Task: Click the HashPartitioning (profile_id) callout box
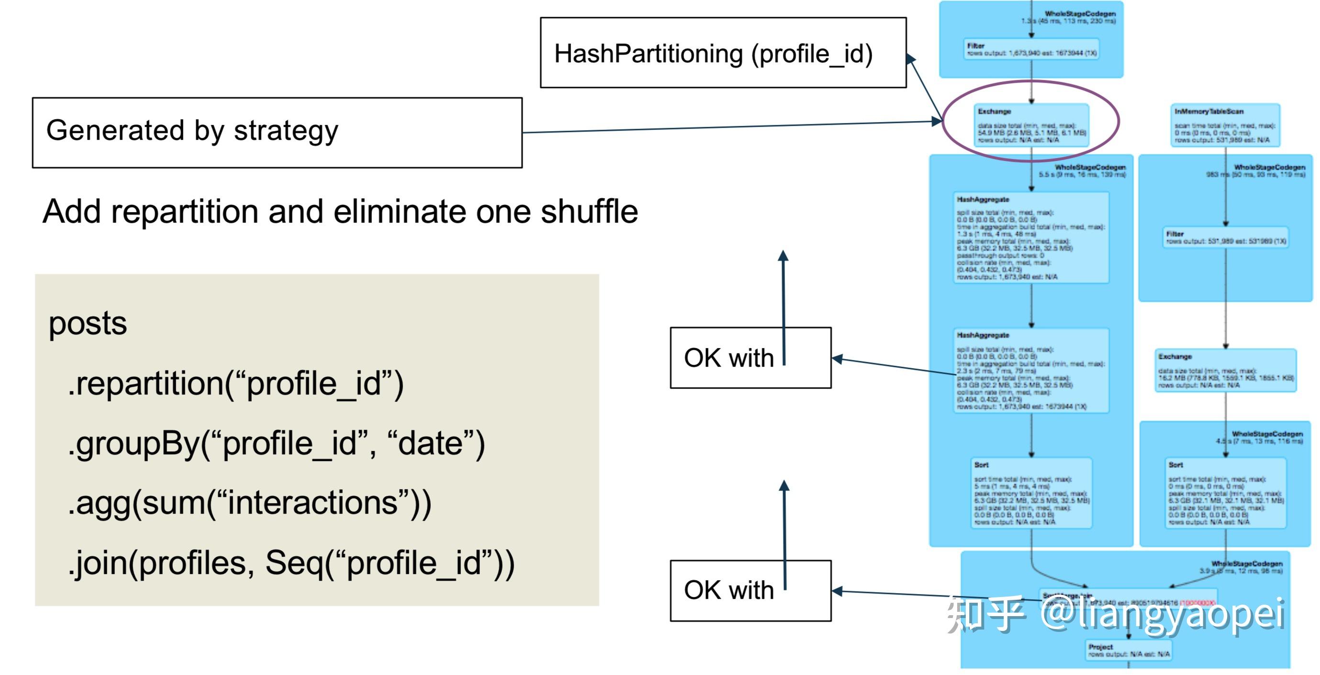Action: point(723,53)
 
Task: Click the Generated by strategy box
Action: point(277,132)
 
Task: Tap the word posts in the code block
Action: point(88,324)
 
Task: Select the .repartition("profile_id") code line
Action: point(235,383)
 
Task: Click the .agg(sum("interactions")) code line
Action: point(249,503)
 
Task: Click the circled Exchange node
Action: point(1031,125)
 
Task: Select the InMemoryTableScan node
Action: point(1225,125)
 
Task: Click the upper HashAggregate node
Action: point(1031,237)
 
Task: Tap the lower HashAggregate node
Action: point(1031,370)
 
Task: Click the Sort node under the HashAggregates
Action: point(1031,493)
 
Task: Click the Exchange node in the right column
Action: point(1225,370)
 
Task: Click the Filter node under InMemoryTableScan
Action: point(1225,237)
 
